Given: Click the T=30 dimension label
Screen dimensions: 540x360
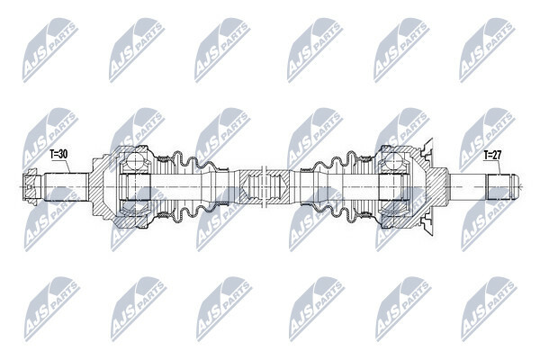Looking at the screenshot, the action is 58,154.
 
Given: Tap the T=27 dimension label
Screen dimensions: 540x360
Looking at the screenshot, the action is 492,155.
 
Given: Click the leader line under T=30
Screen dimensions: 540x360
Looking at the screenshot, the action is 66,166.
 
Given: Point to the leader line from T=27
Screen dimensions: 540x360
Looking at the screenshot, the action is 498,167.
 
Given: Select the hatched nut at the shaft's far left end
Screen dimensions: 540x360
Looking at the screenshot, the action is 30,187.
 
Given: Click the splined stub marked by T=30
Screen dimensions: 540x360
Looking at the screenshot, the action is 66,186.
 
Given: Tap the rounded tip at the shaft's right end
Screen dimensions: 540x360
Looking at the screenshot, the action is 515,187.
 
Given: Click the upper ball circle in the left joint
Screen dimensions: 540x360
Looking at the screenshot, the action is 136,161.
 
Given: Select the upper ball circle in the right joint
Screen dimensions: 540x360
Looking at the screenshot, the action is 393,161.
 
